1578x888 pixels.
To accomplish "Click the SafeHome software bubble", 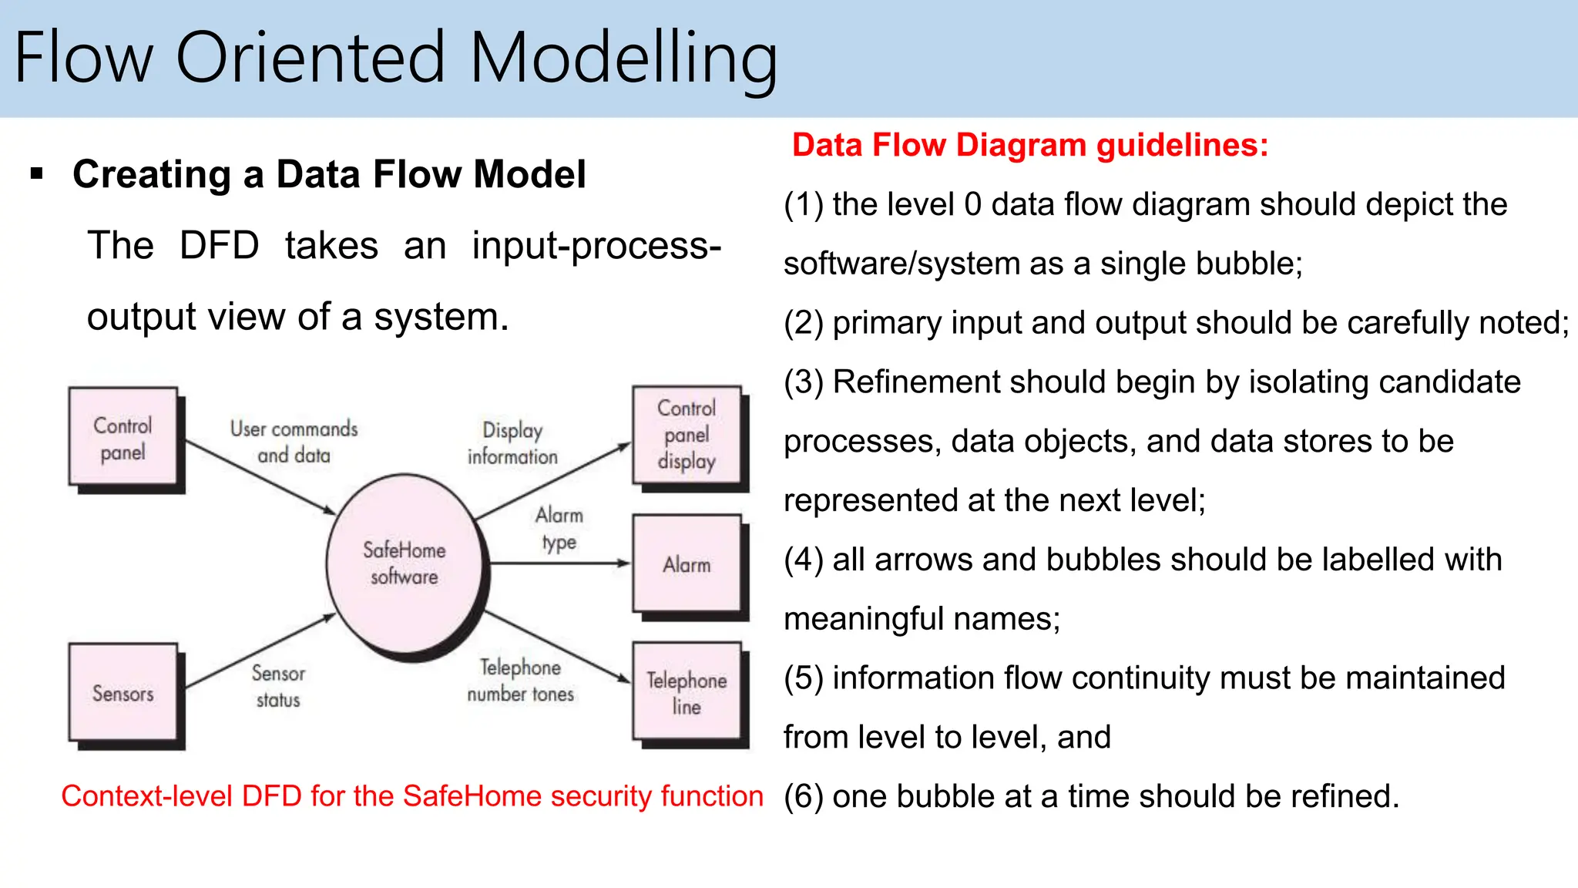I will [x=404, y=563].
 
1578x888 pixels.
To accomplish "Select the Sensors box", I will [x=123, y=693].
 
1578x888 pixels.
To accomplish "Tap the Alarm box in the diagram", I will [x=687, y=564].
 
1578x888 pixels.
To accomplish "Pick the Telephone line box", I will [x=687, y=692].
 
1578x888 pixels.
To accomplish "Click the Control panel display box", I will [x=687, y=435].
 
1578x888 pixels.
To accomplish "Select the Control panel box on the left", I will [x=123, y=438].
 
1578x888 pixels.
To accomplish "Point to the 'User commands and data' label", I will [x=294, y=442].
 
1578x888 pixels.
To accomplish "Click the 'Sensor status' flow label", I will [x=278, y=686].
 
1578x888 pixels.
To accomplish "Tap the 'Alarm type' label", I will [x=559, y=528].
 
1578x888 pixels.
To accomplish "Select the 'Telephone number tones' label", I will [x=520, y=680].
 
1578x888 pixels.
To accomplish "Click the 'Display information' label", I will [x=512, y=443].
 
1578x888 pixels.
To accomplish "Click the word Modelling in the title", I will [x=623, y=59].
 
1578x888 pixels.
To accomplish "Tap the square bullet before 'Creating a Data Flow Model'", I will [x=36, y=174].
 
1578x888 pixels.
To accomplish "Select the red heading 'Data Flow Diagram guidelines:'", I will [x=1029, y=145].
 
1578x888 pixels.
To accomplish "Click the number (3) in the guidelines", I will [x=804, y=382].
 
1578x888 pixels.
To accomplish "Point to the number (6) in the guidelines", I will [x=804, y=796].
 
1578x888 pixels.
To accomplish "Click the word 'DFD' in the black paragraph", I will [x=219, y=246].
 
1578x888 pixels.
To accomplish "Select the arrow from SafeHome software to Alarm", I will [x=559, y=563].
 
